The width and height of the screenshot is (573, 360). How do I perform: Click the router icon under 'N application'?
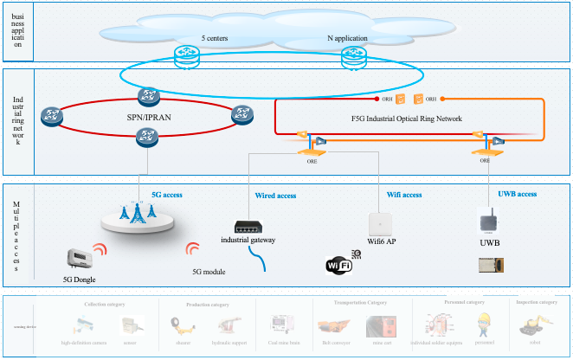(352, 57)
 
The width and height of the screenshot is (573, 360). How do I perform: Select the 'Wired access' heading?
(275, 196)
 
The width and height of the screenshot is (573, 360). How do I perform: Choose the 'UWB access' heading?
(517, 193)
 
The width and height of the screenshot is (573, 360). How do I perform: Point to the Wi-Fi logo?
(338, 266)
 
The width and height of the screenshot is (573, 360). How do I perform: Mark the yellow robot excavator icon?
(530, 325)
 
